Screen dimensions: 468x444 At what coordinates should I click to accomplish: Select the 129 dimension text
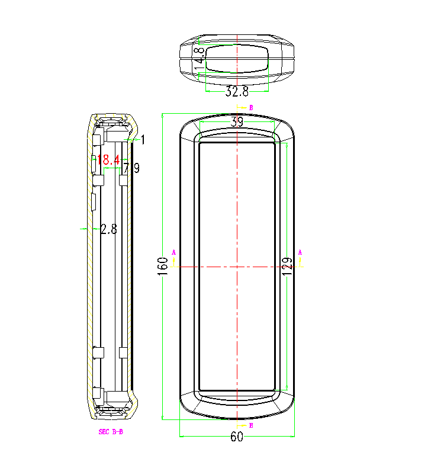pyautogui.click(x=287, y=265)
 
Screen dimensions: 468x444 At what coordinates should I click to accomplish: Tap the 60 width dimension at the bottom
pyautogui.click(x=237, y=437)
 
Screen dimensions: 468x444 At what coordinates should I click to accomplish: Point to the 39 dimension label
pyautogui.click(x=237, y=123)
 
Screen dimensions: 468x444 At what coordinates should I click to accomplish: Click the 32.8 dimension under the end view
pyautogui.click(x=237, y=92)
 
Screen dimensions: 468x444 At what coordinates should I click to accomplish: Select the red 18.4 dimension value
pyautogui.click(x=109, y=159)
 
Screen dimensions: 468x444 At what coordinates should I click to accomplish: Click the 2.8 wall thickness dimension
pyautogui.click(x=109, y=229)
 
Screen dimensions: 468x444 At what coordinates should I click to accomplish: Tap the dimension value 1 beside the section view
pyautogui.click(x=143, y=139)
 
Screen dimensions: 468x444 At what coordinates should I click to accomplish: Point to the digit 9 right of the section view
pyautogui.click(x=136, y=168)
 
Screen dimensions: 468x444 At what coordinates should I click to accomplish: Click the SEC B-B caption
pyautogui.click(x=111, y=432)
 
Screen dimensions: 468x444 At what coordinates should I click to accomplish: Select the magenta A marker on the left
pyautogui.click(x=174, y=252)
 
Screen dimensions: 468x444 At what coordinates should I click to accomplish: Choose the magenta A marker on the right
pyautogui.click(x=300, y=252)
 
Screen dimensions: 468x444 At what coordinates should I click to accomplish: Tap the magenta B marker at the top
pyautogui.click(x=251, y=108)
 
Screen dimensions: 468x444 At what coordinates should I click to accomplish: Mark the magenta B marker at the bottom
pyautogui.click(x=251, y=425)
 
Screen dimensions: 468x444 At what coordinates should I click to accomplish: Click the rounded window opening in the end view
pyautogui.click(x=237, y=57)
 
